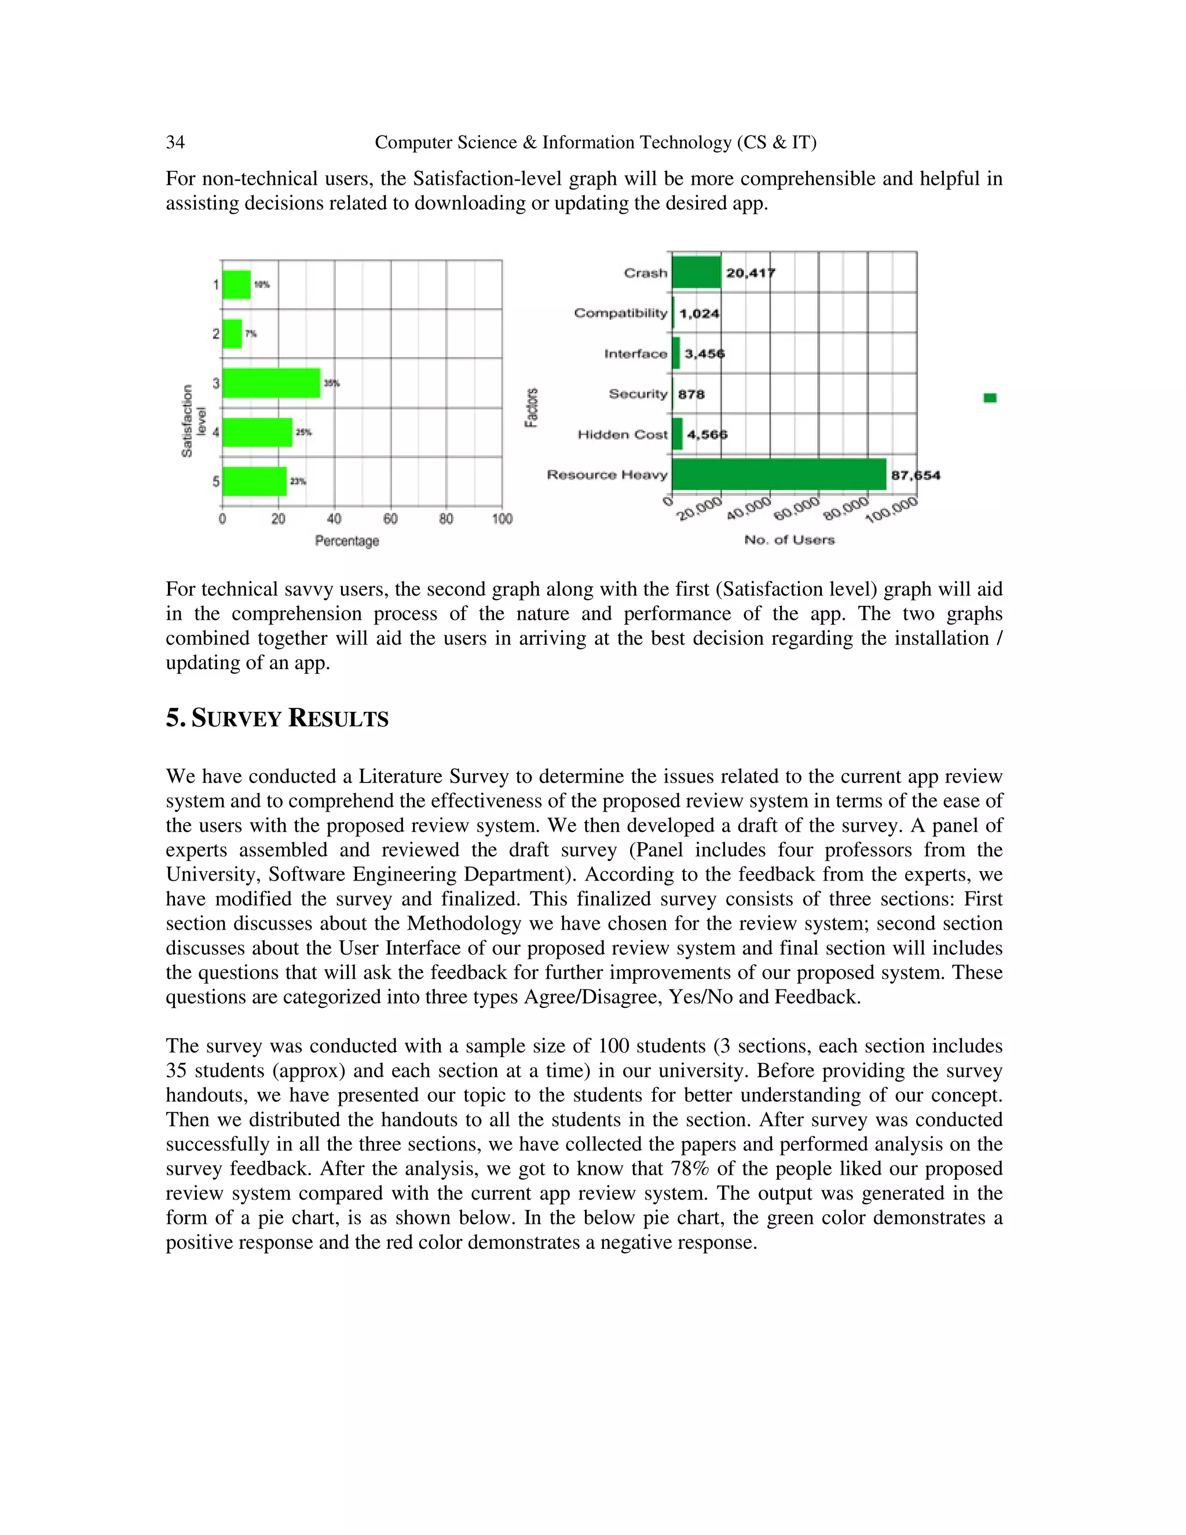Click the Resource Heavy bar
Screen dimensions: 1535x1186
click(778, 474)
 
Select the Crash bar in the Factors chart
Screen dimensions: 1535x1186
click(696, 272)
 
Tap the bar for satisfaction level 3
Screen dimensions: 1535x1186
click(271, 383)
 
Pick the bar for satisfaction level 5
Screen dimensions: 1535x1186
click(254, 481)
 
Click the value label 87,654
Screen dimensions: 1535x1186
click(916, 475)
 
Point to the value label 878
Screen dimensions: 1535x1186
click(691, 394)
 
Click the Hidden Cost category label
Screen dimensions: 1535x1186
click(623, 434)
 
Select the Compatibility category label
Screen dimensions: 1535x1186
click(620, 313)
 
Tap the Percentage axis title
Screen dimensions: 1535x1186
click(347, 540)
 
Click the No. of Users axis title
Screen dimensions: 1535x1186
click(789, 540)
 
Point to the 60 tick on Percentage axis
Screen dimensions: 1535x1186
click(391, 518)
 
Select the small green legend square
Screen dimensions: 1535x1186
click(990, 398)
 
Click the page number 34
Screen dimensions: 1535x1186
click(175, 142)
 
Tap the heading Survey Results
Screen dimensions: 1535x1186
click(277, 718)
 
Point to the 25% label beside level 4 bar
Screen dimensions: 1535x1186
click(303, 432)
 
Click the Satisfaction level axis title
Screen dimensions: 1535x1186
click(193, 421)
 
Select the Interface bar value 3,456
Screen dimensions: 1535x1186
click(704, 353)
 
